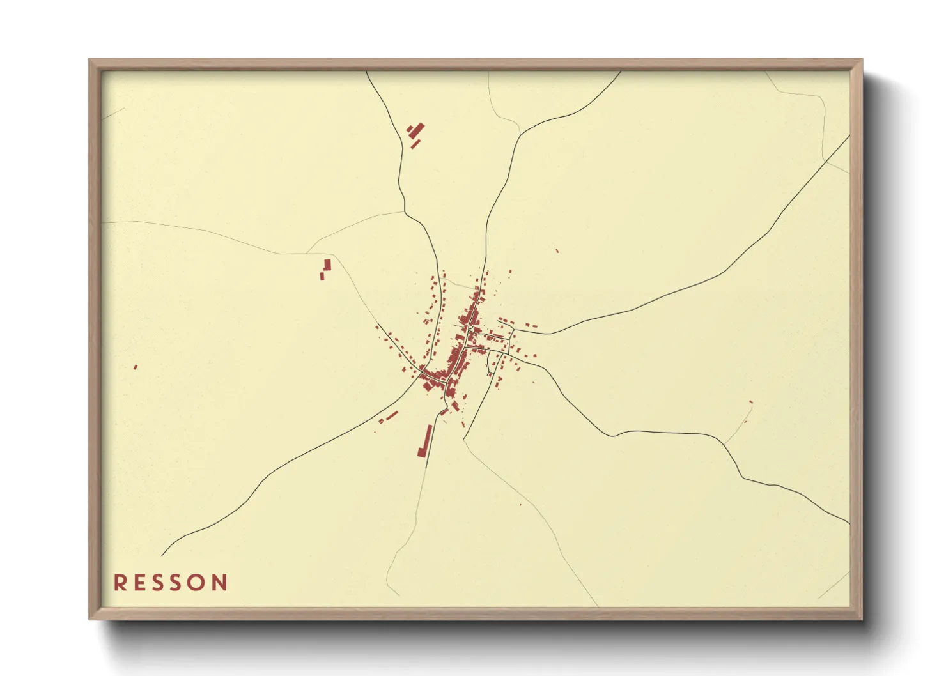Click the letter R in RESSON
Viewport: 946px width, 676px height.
[x=120, y=582]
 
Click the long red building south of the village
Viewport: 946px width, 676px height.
[x=424, y=440]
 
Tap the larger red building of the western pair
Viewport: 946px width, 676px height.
[x=328, y=265]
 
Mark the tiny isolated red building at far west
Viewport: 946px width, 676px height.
[x=136, y=367]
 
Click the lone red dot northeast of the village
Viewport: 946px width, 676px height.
[x=557, y=250]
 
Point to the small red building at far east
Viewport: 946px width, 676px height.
[x=750, y=402]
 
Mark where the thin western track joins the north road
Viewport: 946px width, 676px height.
[x=404, y=211]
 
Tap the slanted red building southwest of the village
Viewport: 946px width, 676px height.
[x=391, y=415]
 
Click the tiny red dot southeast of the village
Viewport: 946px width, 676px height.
[x=520, y=505]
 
